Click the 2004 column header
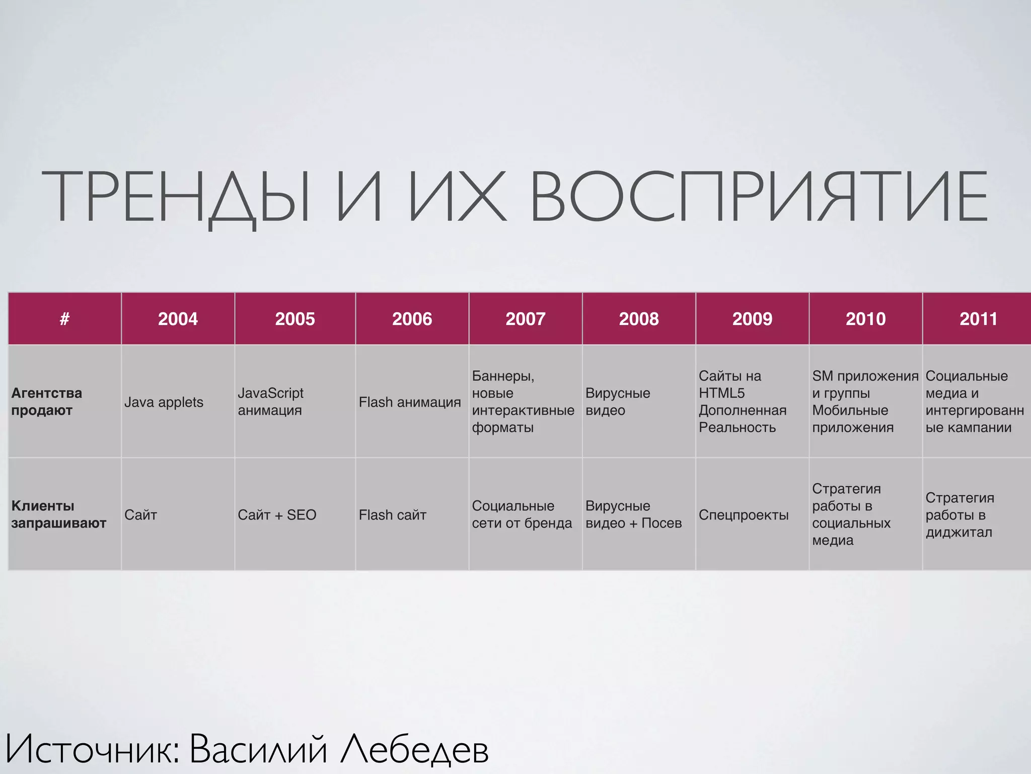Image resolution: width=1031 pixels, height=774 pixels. click(x=178, y=319)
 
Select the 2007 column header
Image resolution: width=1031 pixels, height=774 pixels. click(x=525, y=319)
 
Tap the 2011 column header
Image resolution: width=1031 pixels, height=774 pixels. click(x=978, y=319)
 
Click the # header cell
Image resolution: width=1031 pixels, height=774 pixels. click(x=64, y=319)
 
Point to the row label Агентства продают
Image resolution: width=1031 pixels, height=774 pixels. click(x=46, y=402)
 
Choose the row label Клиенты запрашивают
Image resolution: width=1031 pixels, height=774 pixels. click(x=58, y=514)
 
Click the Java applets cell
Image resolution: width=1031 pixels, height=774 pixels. click(x=164, y=402)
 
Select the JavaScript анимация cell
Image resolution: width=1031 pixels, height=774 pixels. click(x=270, y=402)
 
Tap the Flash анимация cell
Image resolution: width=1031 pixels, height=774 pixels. click(x=409, y=402)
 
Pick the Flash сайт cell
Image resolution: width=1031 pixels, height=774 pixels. click(x=392, y=515)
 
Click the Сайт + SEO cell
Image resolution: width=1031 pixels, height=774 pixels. click(x=277, y=515)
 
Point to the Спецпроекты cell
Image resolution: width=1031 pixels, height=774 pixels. click(x=743, y=515)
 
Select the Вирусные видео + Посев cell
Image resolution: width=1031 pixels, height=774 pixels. click(x=633, y=514)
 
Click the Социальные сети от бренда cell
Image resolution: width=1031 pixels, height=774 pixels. click(x=522, y=514)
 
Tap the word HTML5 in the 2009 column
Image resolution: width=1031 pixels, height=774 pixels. click(x=721, y=393)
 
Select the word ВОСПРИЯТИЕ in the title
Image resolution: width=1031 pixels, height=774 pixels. click(x=759, y=197)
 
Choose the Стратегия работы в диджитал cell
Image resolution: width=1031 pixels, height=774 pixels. click(x=960, y=515)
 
